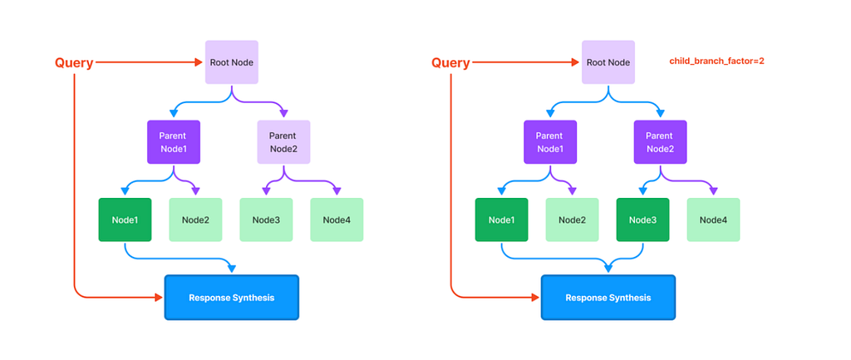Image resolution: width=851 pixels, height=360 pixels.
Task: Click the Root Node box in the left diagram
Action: point(232,62)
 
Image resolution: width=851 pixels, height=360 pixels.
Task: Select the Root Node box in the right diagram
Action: point(608,62)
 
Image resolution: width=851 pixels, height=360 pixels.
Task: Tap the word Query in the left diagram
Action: point(74,63)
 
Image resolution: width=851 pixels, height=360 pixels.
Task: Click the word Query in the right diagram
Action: point(450,63)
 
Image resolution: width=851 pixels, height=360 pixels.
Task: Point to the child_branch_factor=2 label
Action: point(717,62)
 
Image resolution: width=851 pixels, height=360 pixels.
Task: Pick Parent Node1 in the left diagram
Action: point(174,141)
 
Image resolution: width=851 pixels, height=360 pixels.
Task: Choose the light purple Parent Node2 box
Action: point(284,141)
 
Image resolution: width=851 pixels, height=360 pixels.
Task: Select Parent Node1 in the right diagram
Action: point(550,141)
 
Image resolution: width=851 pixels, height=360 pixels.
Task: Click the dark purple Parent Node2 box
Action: point(661,141)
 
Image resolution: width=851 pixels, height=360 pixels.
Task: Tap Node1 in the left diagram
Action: point(125,220)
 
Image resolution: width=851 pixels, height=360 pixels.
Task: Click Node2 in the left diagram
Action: point(195,220)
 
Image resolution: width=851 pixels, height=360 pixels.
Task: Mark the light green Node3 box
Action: point(266,220)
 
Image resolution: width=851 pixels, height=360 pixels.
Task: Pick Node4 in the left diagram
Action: point(337,220)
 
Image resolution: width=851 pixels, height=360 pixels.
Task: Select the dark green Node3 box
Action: point(642,220)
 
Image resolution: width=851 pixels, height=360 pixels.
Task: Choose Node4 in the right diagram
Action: point(713,220)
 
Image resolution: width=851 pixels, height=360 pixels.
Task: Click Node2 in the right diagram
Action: point(572,220)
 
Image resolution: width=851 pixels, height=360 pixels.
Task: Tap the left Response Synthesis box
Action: point(232,298)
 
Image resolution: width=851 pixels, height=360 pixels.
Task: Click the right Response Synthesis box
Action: point(608,298)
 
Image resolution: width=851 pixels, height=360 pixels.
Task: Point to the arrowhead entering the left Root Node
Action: point(199,62)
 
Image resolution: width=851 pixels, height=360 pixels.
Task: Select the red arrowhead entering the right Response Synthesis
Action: point(536,298)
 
